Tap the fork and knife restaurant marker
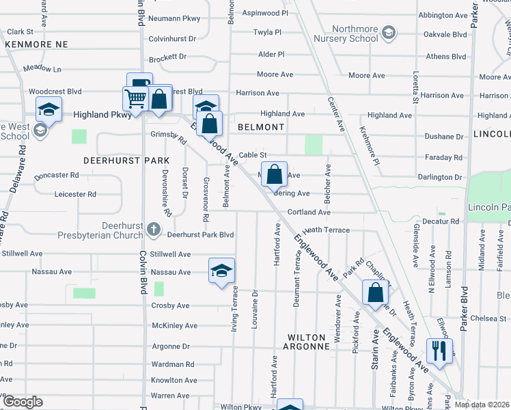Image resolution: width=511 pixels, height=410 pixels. tap(437, 351)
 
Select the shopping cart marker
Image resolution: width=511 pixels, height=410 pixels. tap(135, 98)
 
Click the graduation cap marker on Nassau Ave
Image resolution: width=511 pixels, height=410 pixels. tap(221, 271)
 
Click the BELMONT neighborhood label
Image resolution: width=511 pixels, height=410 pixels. tap(261, 127)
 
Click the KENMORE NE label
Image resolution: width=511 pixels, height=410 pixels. tap(38, 44)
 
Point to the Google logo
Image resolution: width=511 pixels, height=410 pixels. tap(22, 402)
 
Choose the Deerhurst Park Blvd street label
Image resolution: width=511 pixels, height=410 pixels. tap(201, 234)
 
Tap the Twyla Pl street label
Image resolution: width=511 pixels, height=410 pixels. tap(267, 32)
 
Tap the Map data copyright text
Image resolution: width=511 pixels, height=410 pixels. tap(482, 405)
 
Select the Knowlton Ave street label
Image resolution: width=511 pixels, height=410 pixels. tap(174, 380)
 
